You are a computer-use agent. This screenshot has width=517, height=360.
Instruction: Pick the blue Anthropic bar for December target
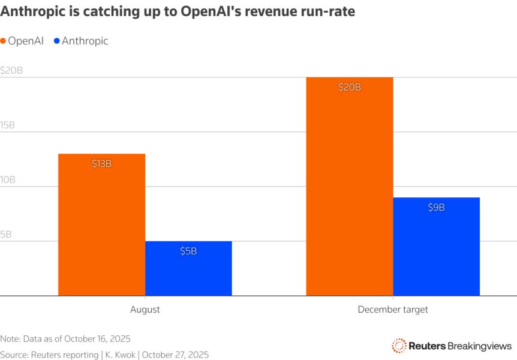(436, 247)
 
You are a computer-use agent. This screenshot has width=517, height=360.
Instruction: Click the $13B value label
(101, 164)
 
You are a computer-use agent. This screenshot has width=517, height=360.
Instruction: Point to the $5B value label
(188, 251)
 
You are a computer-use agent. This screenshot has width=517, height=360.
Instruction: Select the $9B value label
(436, 207)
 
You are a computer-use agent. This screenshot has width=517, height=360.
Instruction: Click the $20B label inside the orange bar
(350, 87)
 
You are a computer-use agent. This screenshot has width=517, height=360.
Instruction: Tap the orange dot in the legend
(4, 41)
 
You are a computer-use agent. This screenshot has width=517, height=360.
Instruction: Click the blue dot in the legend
(57, 41)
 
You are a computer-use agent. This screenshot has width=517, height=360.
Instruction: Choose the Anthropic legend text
(85, 41)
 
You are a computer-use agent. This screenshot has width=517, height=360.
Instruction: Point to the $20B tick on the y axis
(11, 70)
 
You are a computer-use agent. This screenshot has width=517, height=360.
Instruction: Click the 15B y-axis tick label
(8, 125)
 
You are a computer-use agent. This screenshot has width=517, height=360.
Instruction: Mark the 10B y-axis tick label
(8, 179)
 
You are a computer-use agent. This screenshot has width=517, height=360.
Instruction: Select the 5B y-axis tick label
(5, 234)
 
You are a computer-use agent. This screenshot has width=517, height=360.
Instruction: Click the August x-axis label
(145, 310)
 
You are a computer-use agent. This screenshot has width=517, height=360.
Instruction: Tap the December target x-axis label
(393, 310)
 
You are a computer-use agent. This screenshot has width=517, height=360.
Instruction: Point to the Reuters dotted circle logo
(399, 345)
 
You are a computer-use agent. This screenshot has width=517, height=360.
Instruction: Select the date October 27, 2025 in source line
(175, 355)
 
